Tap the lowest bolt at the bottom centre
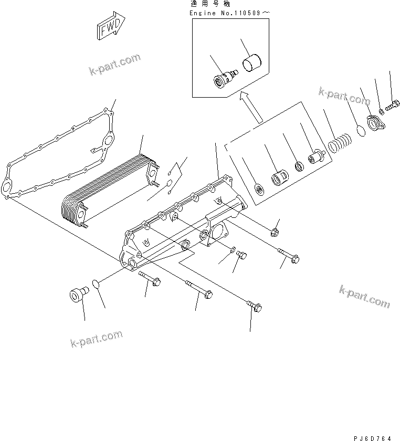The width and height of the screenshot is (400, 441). click(x=254, y=307)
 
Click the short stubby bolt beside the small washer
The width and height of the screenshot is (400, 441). click(x=242, y=255)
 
